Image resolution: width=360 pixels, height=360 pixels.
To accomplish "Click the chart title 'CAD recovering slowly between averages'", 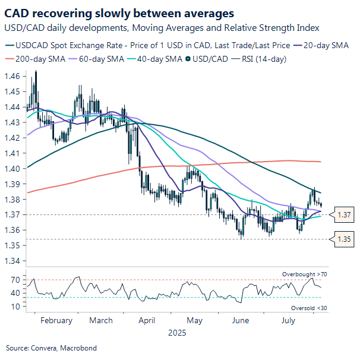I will coord(119,12).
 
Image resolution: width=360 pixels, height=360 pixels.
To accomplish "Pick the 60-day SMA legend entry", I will coord(102,58).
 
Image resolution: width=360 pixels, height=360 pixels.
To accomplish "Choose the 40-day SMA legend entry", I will coord(162,58).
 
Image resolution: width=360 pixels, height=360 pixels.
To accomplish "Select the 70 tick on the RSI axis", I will coord(16,279).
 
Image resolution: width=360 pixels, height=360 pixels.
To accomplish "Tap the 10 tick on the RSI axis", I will coord(16,307).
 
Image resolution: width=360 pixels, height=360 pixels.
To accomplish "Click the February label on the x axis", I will coord(56,321).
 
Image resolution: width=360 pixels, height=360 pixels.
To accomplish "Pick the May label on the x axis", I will coord(194,321).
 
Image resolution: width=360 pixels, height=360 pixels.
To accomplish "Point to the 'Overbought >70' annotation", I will coord(304,274).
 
